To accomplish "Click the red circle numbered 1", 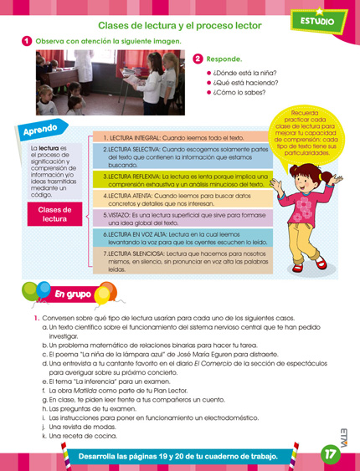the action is tap(27, 41).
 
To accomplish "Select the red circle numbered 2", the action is tap(198, 59).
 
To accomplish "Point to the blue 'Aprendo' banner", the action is tap(41, 131).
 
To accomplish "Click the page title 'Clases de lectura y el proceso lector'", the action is tap(179, 25).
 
